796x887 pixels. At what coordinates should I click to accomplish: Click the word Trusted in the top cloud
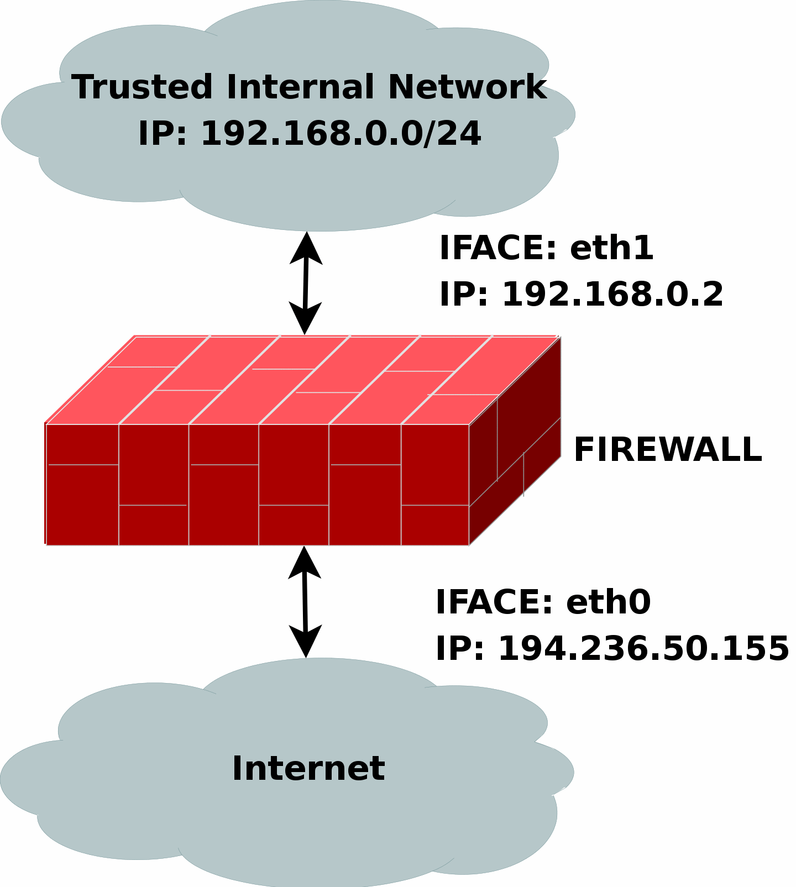[142, 87]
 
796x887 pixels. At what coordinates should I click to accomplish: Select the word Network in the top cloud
[467, 87]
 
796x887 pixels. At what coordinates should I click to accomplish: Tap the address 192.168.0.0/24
[341, 134]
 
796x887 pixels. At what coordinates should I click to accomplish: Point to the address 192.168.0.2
[612, 294]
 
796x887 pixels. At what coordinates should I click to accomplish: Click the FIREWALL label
[668, 449]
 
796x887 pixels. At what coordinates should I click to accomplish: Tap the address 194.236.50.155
[643, 648]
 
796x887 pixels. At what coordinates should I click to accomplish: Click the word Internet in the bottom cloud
[308, 768]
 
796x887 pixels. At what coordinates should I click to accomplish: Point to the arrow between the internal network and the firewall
[305, 283]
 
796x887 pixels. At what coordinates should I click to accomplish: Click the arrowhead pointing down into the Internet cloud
[306, 642]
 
